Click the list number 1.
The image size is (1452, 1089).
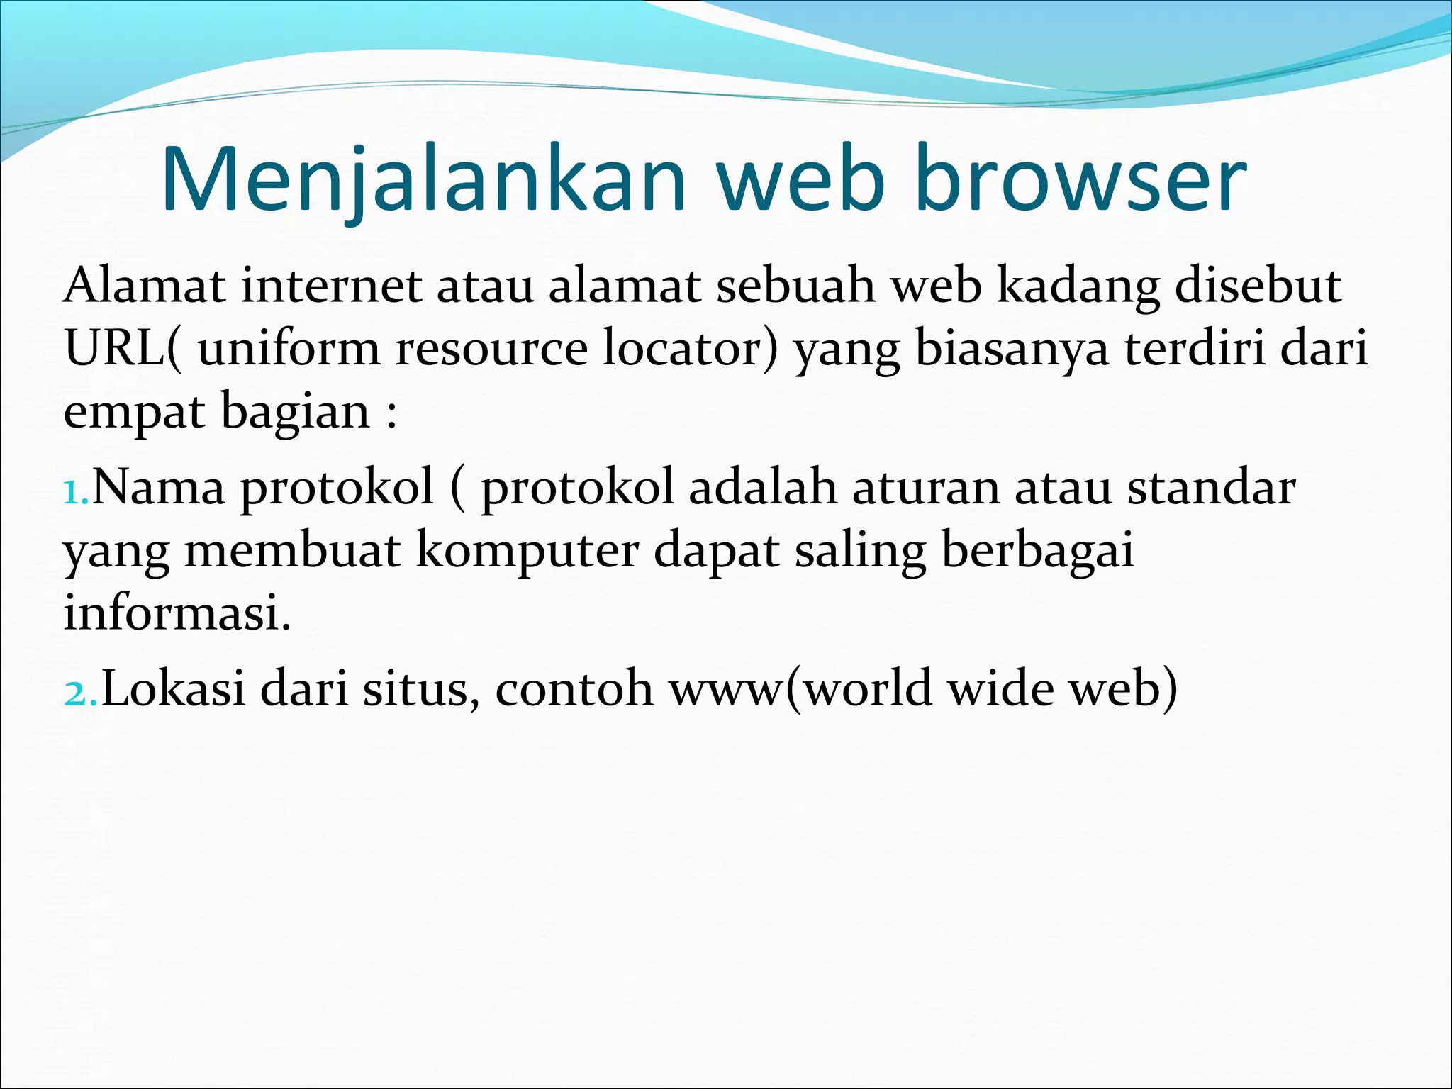75,491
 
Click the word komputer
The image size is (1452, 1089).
526,551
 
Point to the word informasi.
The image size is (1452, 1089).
177,613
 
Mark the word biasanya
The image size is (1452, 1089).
1012,350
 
